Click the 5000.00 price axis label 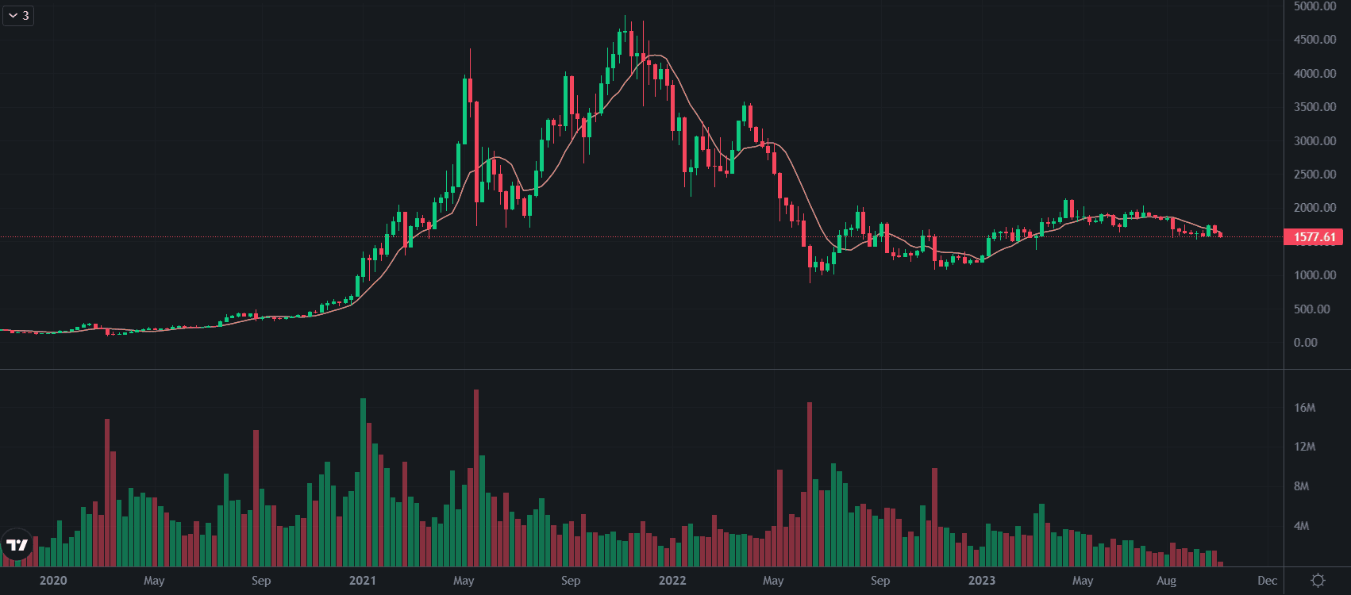pos(1314,6)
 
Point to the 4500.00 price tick pos(1314,40)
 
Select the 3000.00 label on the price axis pos(1314,141)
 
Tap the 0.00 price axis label pos(1306,343)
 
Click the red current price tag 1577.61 pos(1314,237)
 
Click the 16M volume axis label pos(1304,408)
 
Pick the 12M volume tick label pos(1304,447)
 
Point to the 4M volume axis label pos(1301,526)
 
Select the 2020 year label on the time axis pos(53,581)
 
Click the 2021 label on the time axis pos(363,581)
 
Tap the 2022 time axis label pos(672,581)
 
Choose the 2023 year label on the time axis pos(982,581)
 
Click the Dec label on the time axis pos(1268,581)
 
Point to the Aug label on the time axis pos(1166,581)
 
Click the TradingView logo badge pos(17,545)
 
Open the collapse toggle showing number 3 pos(17,16)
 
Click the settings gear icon pos(1318,581)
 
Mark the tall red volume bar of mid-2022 pos(810,484)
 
